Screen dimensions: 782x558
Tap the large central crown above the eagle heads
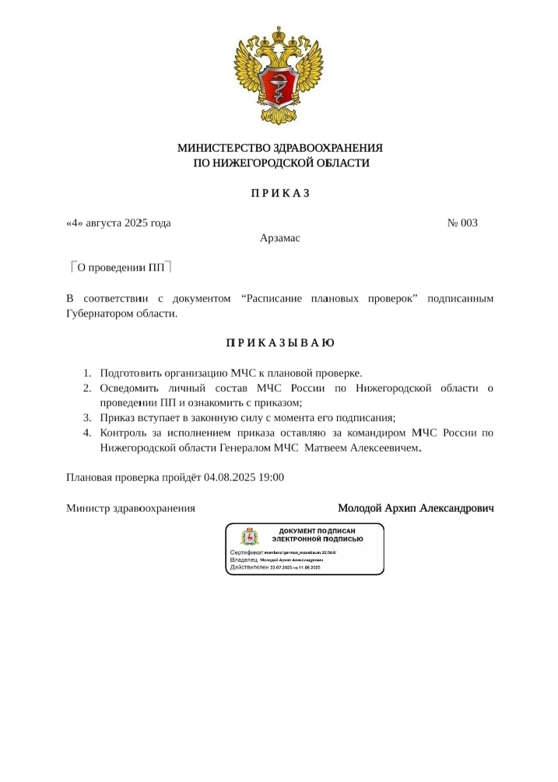(279, 37)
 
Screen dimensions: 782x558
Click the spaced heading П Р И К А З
(280, 193)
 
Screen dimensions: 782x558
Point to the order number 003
(469, 223)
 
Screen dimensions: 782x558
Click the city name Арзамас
(280, 238)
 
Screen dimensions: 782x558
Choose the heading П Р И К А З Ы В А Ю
(280, 343)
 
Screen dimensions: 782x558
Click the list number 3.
(87, 418)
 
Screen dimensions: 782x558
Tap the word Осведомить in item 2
(129, 388)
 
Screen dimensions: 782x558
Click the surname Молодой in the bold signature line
(360, 508)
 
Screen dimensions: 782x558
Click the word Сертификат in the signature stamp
(247, 552)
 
